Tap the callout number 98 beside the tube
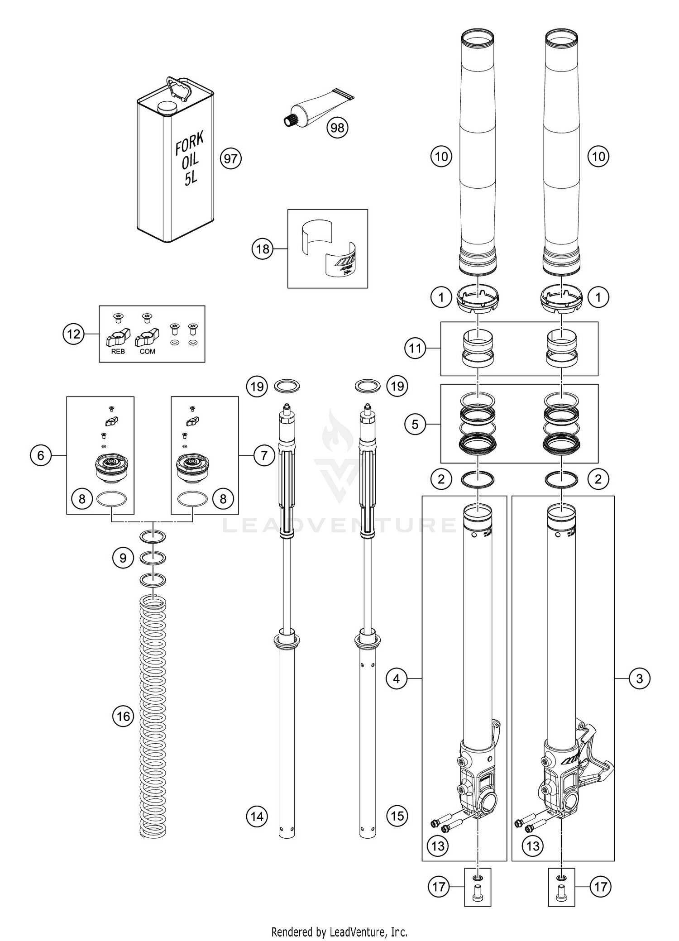click(x=337, y=128)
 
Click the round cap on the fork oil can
click(x=166, y=108)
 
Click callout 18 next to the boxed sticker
click(x=263, y=249)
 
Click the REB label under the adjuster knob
click(x=118, y=351)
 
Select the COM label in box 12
click(x=147, y=351)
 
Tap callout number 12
click(x=73, y=334)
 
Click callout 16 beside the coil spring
click(x=123, y=716)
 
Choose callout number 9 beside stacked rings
click(x=123, y=558)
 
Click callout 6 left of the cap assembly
click(x=41, y=455)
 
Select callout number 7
click(x=264, y=455)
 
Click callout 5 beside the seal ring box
click(x=415, y=425)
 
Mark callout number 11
click(x=415, y=349)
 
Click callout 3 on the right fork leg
click(x=639, y=678)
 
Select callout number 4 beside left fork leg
click(x=397, y=678)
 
